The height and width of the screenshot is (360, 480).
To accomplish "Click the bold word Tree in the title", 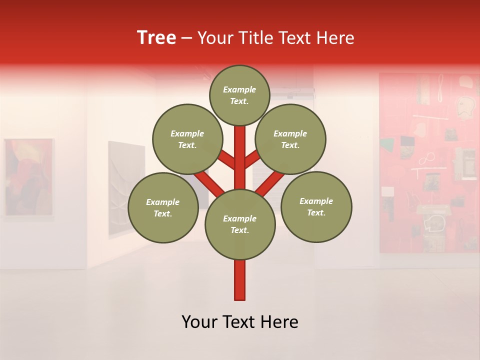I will pyautogui.click(x=156, y=38).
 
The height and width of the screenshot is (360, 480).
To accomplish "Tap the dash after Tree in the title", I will pyautogui.click(x=186, y=38).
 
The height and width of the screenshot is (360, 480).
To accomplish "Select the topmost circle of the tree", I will pyautogui.click(x=239, y=95).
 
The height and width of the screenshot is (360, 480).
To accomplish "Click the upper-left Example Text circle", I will pyautogui.click(x=187, y=139).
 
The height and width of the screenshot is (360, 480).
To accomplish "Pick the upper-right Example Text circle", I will pyautogui.click(x=290, y=139).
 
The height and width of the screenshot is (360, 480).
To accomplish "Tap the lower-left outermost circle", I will pyautogui.click(x=163, y=207).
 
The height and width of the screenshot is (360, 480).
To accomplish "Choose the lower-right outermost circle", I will pyautogui.click(x=316, y=206).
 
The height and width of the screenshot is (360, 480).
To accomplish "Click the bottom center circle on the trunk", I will pyautogui.click(x=240, y=224).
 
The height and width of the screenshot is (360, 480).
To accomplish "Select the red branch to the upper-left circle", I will pyautogui.click(x=226, y=161).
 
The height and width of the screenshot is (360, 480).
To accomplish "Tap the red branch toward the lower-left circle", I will pyautogui.click(x=209, y=183).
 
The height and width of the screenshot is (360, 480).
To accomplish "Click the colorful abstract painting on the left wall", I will pyautogui.click(x=29, y=177).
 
